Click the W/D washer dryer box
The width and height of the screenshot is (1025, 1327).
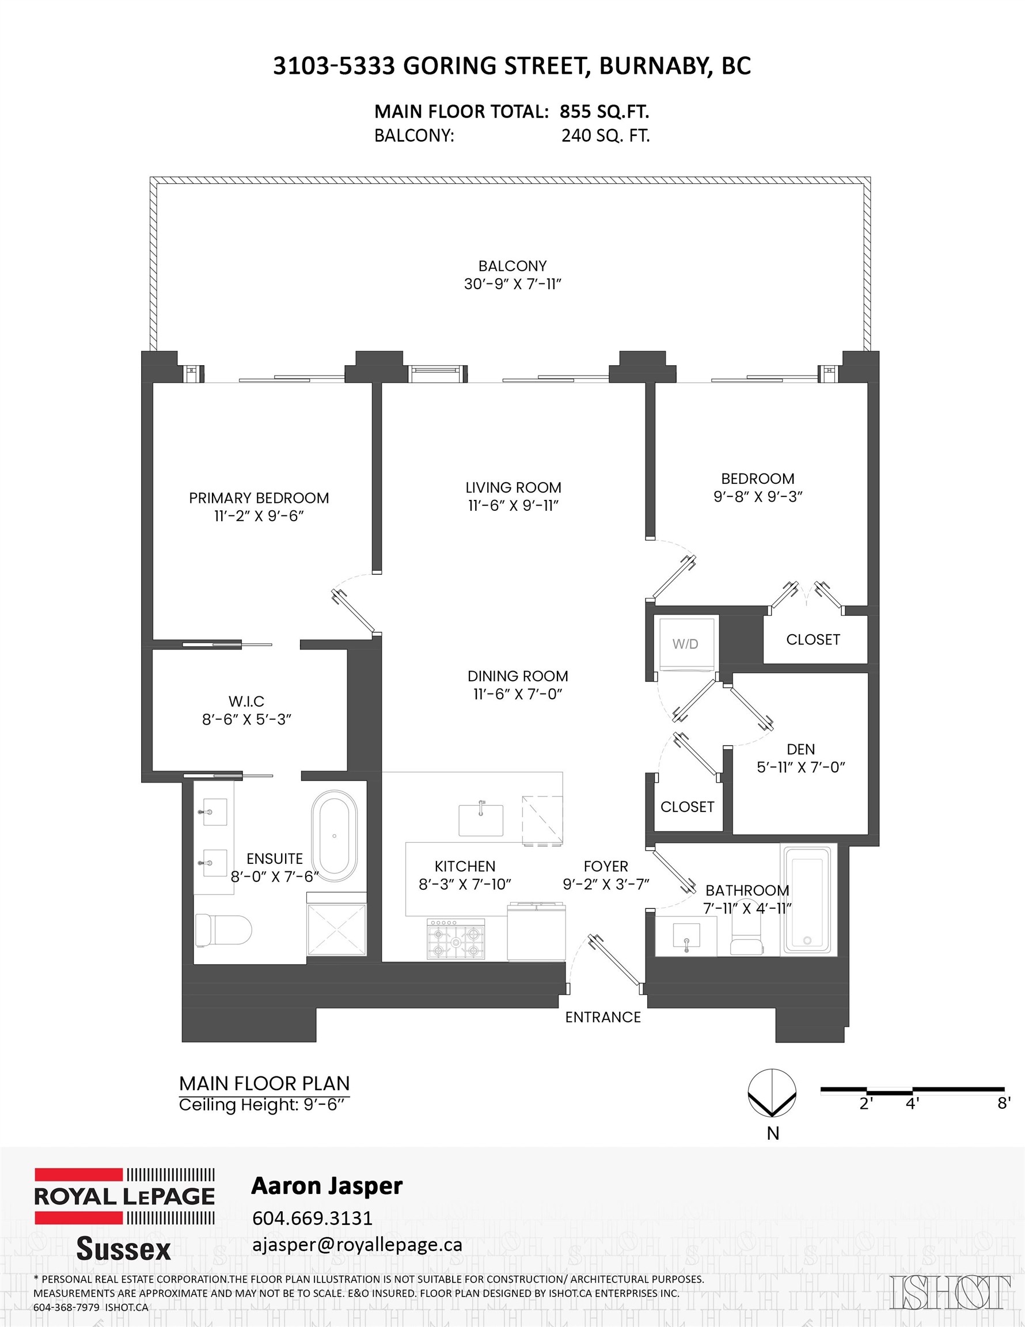click(x=685, y=644)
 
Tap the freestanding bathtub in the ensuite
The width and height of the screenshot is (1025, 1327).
click(x=334, y=836)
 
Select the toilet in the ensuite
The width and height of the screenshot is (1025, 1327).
click(x=223, y=930)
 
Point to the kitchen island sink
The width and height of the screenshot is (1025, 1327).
click(x=481, y=820)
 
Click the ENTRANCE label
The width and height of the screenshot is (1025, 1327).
click(x=603, y=1017)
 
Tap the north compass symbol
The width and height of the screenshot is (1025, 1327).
click(x=772, y=1093)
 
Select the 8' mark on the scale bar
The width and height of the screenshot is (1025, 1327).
click(x=1004, y=1104)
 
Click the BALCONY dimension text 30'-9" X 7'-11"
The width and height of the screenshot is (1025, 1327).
click(x=512, y=284)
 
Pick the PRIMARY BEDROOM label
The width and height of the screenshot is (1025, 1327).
click(x=259, y=498)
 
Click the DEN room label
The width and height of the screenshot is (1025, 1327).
click(x=800, y=749)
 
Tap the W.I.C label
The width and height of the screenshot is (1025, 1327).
click(x=246, y=701)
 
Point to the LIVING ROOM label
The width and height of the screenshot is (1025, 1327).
click(x=513, y=487)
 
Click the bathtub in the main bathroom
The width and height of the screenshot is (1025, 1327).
click(x=807, y=900)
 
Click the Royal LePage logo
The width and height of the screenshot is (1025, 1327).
click(x=124, y=1196)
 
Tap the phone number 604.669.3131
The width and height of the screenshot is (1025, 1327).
click(x=312, y=1218)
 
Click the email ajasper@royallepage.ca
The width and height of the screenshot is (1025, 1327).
click(x=357, y=1245)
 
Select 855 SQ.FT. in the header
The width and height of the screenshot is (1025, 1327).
click(x=604, y=112)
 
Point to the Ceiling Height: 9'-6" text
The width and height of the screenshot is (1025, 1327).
click(x=264, y=1105)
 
